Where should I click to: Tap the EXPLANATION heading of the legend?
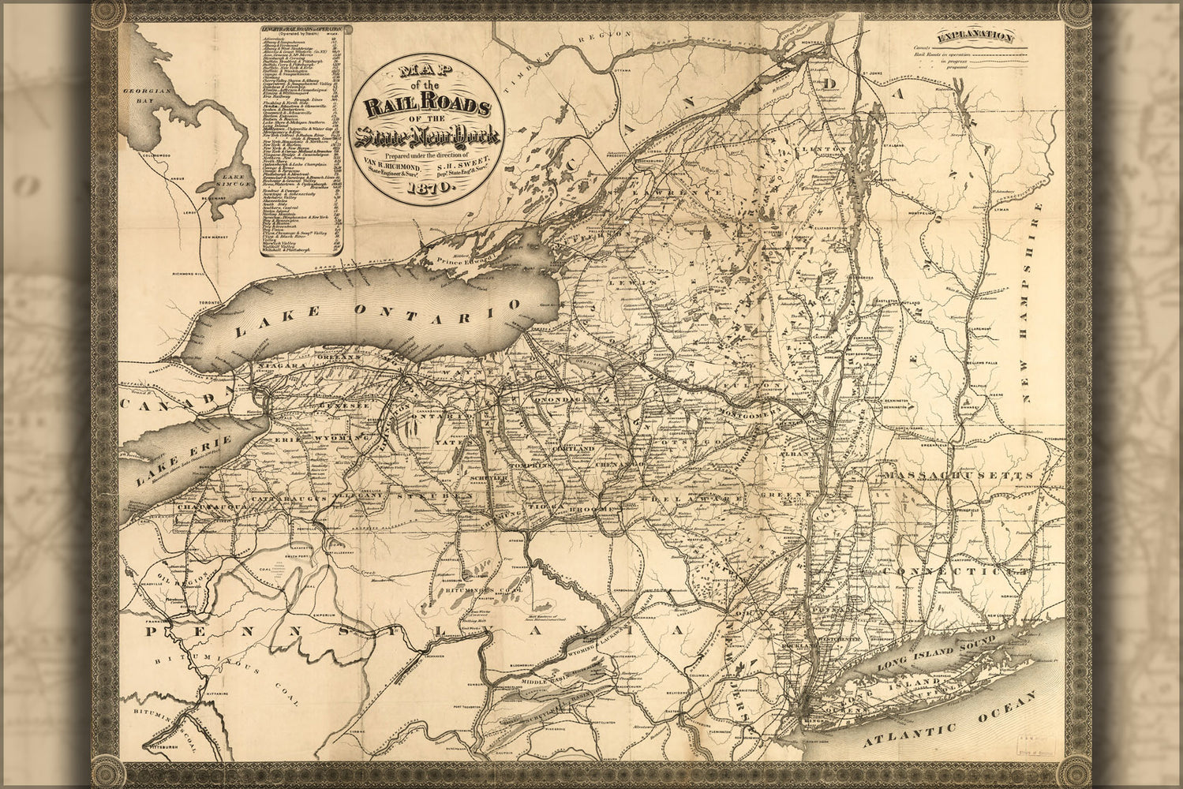click(x=976, y=36)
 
